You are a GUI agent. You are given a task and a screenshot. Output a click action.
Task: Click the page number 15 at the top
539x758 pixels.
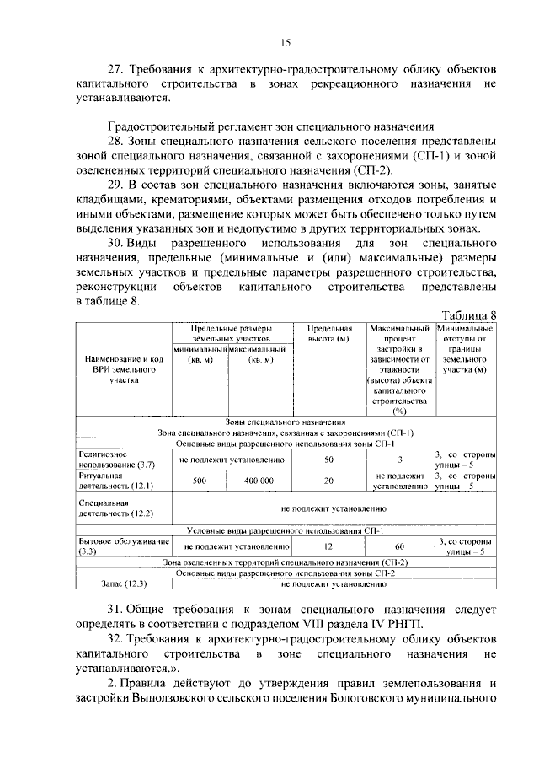[x=285, y=43]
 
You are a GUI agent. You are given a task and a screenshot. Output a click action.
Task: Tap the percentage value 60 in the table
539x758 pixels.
[x=401, y=546]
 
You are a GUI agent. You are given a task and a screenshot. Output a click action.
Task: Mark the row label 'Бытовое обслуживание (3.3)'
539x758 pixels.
[x=120, y=546]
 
